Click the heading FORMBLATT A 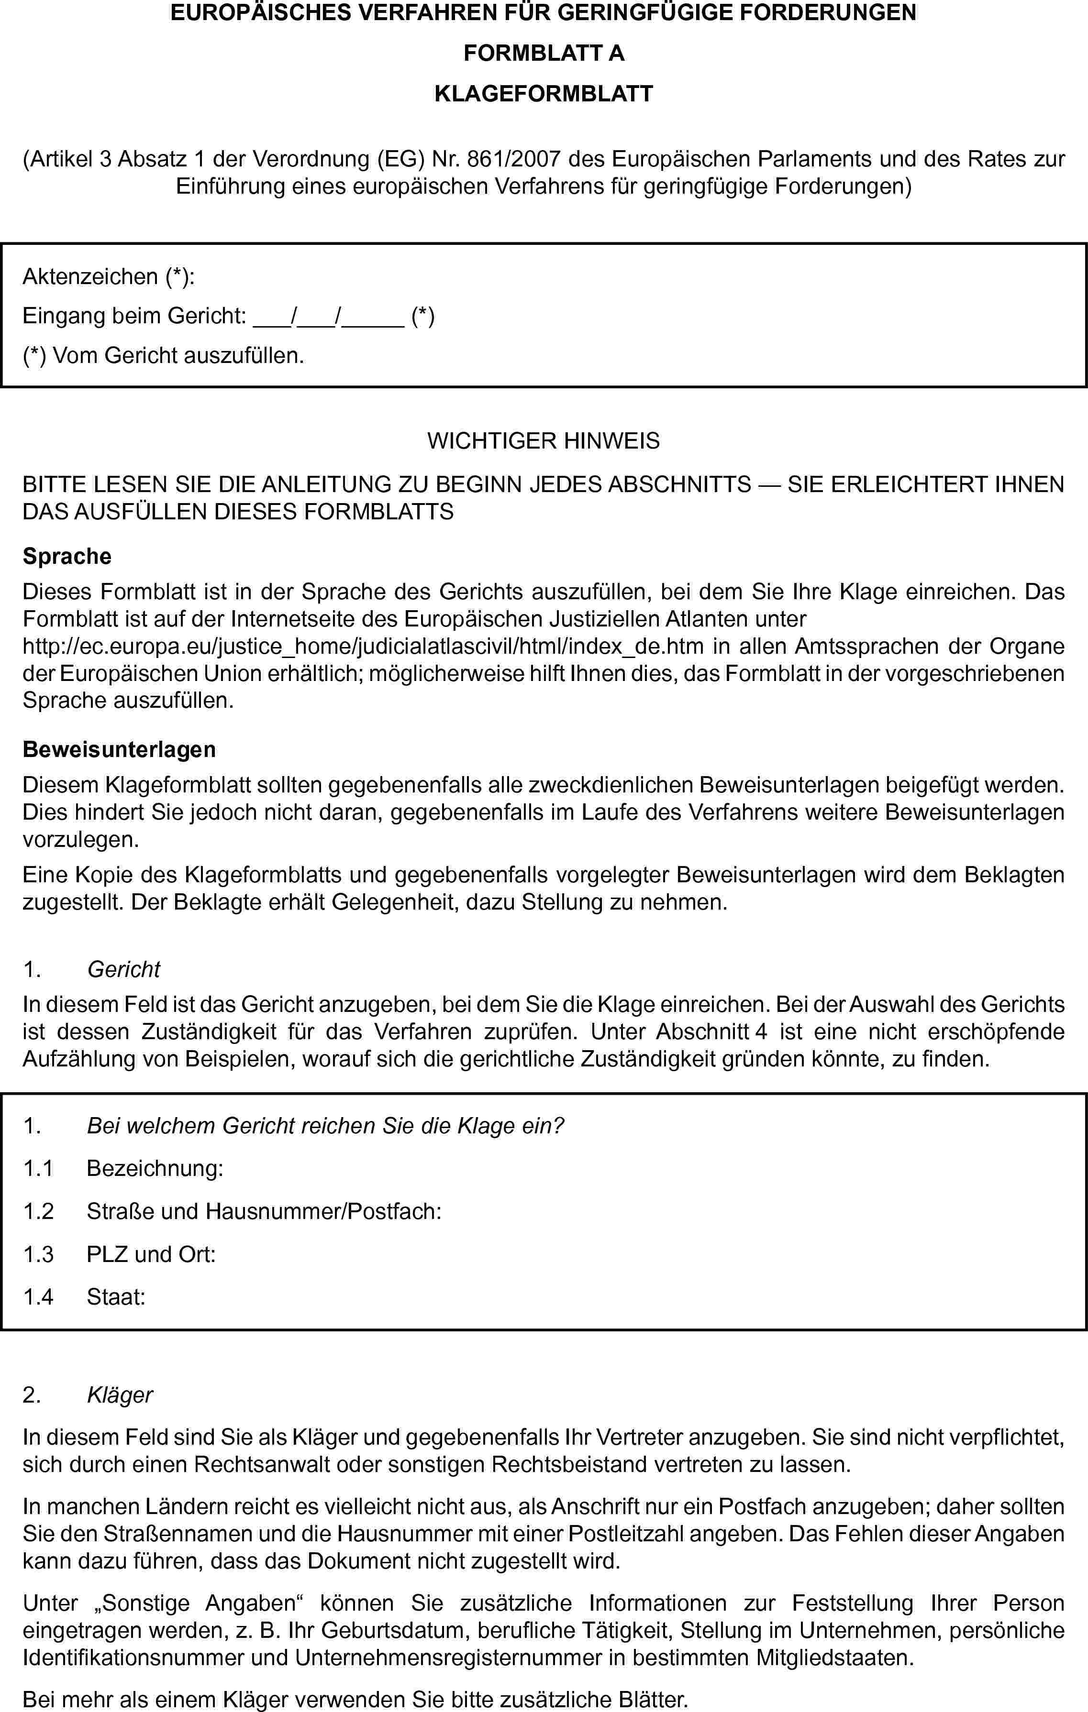[544, 54]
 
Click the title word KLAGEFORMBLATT [544, 94]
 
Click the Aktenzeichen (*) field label [109, 276]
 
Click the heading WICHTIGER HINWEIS [544, 441]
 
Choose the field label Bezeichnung [155, 1168]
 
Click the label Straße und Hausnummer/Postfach [264, 1211]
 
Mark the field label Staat [116, 1297]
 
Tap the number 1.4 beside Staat [38, 1297]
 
